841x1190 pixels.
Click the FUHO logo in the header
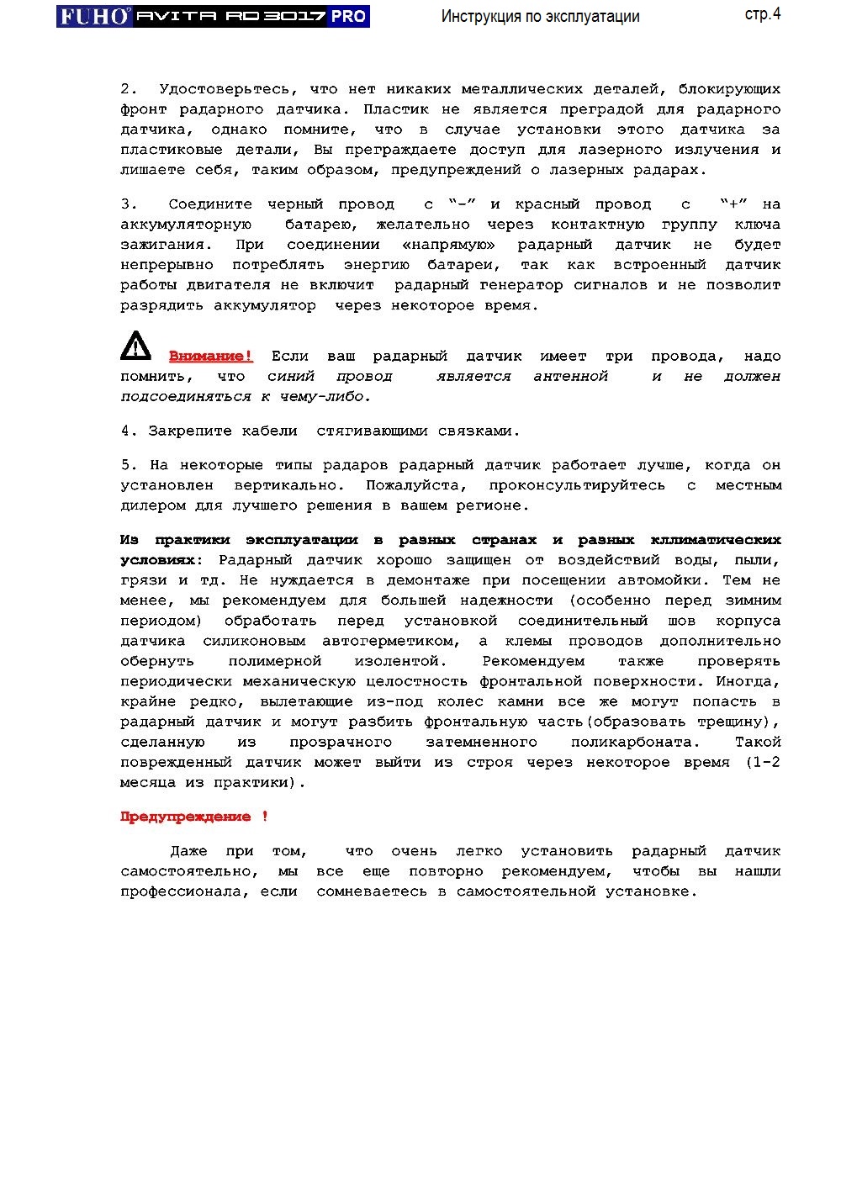pyautogui.click(x=94, y=16)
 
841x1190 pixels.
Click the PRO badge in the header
pyautogui.click(x=347, y=16)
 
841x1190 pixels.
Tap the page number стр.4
pyautogui.click(x=762, y=14)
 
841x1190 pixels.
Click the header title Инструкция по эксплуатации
pyautogui.click(x=540, y=17)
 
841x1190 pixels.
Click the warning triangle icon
pyautogui.click(x=135, y=346)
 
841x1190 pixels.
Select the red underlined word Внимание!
pyautogui.click(x=210, y=357)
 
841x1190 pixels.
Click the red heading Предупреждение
pyautogui.click(x=186, y=817)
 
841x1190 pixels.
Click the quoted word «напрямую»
pyautogui.click(x=449, y=245)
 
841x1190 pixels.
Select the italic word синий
pyautogui.click(x=291, y=377)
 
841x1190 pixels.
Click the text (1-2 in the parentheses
pyautogui.click(x=763, y=763)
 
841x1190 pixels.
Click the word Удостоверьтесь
pyautogui.click(x=225, y=89)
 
